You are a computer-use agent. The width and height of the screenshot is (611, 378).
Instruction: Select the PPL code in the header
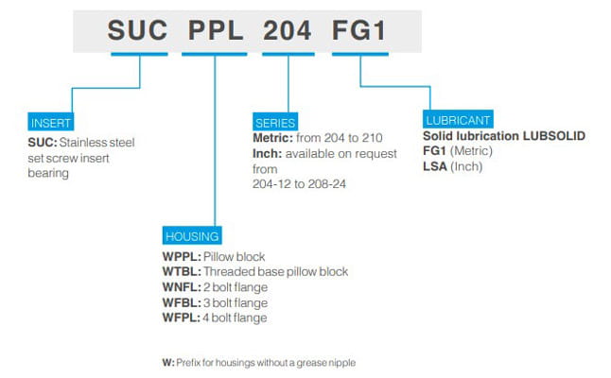(216, 30)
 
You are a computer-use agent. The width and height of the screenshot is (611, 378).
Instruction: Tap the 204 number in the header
(287, 30)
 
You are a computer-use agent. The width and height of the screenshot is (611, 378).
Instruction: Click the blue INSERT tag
(52, 124)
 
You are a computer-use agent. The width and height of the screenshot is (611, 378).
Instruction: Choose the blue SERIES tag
(275, 123)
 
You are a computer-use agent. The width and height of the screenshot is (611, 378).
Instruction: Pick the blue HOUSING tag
(192, 236)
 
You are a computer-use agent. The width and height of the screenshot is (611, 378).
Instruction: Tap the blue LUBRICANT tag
(459, 120)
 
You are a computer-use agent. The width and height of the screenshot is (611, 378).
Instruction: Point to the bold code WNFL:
(181, 287)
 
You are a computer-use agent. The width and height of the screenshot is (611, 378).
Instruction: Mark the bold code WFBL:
(181, 302)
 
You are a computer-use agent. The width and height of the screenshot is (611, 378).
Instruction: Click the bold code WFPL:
(181, 318)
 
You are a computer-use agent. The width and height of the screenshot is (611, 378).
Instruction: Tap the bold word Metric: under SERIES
(273, 139)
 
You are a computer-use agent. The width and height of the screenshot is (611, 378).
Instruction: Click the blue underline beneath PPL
(216, 53)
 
